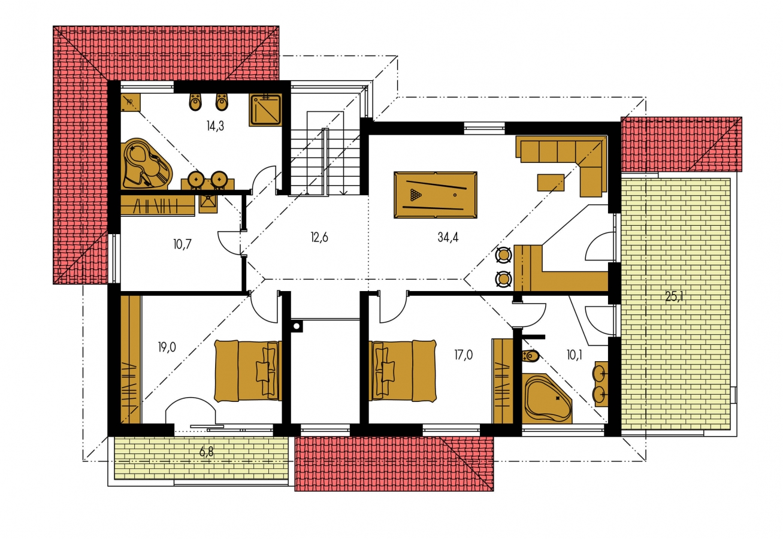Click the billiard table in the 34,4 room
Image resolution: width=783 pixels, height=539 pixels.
[435, 195]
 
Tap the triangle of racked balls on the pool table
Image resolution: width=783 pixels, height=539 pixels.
[415, 195]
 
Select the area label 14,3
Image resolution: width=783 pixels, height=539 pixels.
[215, 126]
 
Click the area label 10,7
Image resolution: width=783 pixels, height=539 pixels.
[183, 244]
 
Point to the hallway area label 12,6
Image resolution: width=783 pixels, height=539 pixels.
[319, 237]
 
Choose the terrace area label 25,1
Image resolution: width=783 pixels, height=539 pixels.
[675, 297]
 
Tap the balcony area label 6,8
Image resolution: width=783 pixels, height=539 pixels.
[206, 452]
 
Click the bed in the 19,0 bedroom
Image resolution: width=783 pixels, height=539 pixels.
[248, 371]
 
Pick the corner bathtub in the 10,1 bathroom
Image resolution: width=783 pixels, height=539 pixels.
[547, 398]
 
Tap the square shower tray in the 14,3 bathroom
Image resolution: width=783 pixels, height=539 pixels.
[265, 110]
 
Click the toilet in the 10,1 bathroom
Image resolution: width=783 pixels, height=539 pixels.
[530, 356]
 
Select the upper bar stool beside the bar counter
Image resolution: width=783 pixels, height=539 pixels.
[503, 255]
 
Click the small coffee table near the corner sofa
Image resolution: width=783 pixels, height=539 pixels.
[551, 183]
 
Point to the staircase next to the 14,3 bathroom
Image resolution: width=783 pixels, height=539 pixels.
[325, 153]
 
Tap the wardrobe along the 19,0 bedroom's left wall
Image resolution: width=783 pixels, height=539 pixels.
[131, 359]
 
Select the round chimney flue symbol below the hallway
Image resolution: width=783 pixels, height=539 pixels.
[297, 326]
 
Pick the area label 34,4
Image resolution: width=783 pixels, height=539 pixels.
[448, 237]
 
